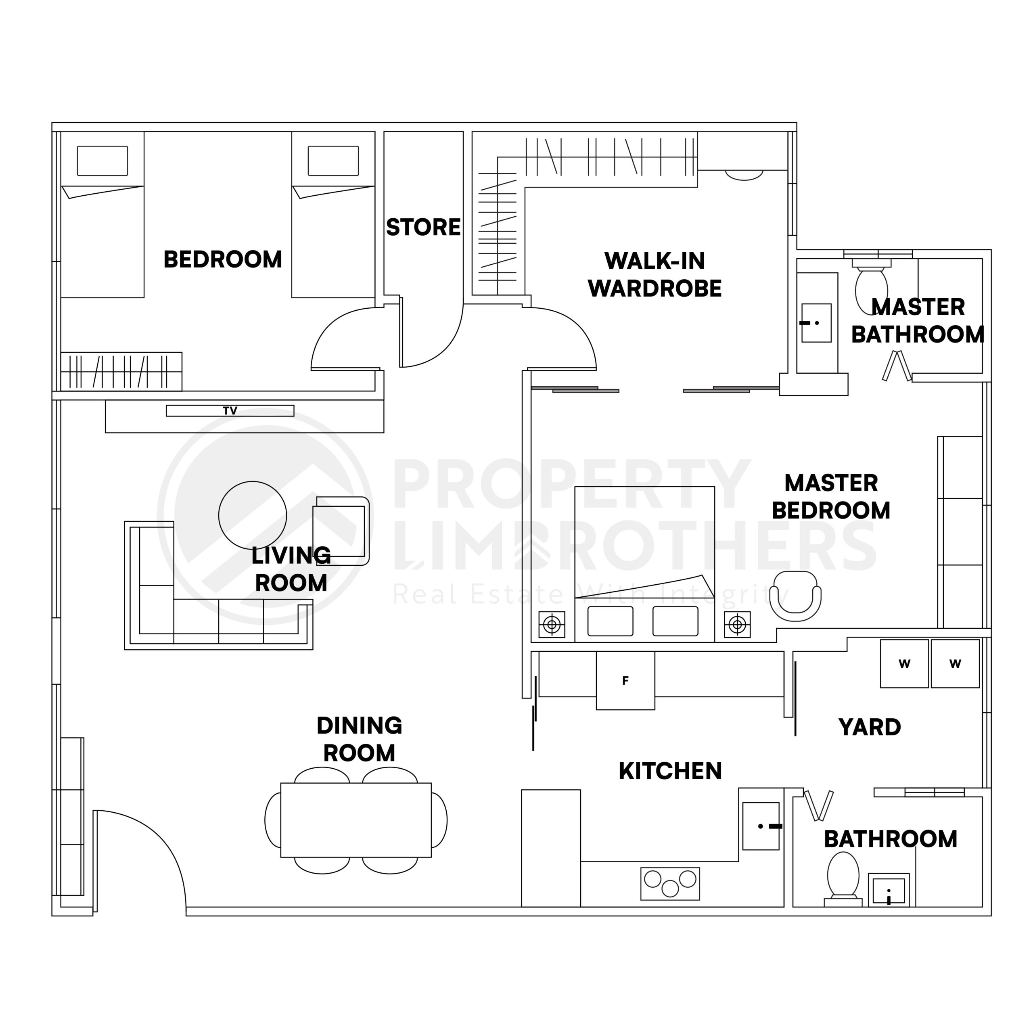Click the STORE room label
tap(423, 228)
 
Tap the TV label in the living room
tap(230, 411)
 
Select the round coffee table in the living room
tap(252, 515)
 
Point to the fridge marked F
tap(625, 681)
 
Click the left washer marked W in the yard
tap(904, 663)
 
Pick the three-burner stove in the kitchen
tap(670, 883)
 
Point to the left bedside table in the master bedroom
tap(552, 624)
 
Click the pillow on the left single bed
tap(102, 161)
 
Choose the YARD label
tap(870, 727)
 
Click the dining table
tap(355, 820)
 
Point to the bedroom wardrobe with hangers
tap(121, 371)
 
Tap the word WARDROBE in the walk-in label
tap(655, 289)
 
